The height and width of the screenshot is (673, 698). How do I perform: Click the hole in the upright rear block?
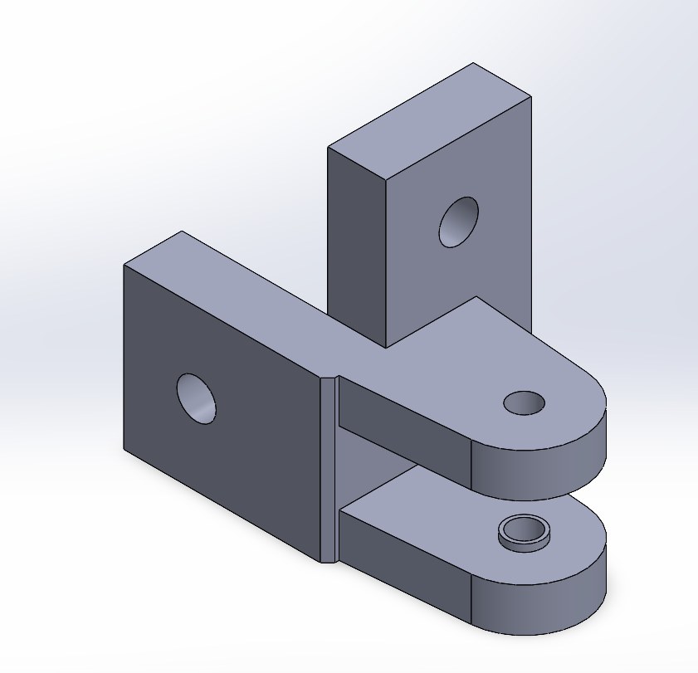(x=458, y=222)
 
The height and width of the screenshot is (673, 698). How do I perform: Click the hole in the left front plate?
(x=197, y=398)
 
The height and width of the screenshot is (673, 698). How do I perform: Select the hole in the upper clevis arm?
(x=525, y=403)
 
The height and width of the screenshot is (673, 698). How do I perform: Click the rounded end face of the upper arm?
(x=539, y=469)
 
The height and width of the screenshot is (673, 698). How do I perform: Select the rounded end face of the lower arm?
(x=539, y=602)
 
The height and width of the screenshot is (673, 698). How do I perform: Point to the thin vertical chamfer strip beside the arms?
(x=329, y=469)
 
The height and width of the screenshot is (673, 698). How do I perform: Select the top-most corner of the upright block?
(x=473, y=63)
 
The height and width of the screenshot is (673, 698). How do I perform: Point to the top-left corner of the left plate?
(x=124, y=265)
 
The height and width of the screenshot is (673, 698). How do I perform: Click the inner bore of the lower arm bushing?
(x=525, y=529)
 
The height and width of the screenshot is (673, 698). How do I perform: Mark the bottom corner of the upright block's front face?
(x=387, y=347)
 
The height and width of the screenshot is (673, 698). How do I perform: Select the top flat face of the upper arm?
(x=465, y=357)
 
